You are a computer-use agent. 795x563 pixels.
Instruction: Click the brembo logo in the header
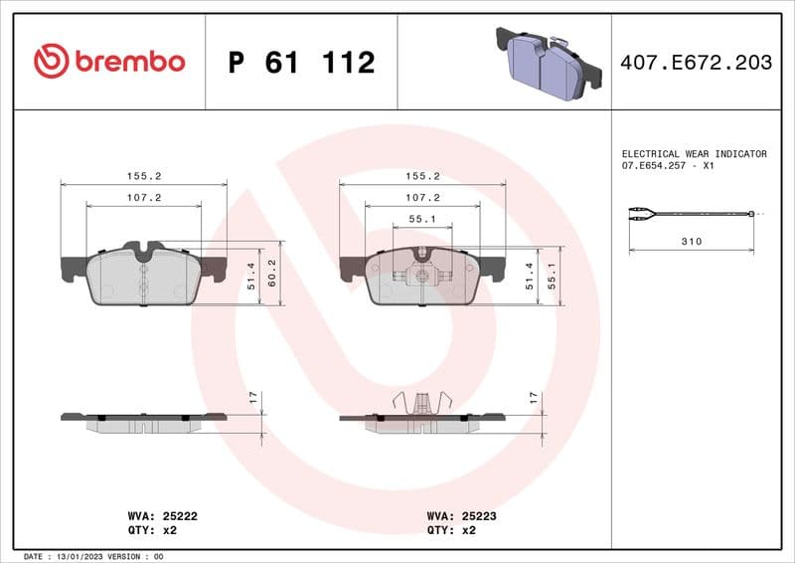coord(109,62)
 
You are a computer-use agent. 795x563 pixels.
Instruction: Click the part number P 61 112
coord(301,63)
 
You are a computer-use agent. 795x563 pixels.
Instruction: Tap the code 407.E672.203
coord(695,63)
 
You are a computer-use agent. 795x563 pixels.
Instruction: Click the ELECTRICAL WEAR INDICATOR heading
coord(694,154)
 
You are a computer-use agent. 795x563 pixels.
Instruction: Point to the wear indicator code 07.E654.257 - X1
coord(668,166)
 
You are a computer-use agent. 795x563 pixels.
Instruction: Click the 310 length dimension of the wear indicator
coord(692,242)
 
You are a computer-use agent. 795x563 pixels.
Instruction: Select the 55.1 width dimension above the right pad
coord(422,219)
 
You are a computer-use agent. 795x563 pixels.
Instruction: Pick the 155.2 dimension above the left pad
coord(144,176)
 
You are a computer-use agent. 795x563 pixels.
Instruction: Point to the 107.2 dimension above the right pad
coord(422,198)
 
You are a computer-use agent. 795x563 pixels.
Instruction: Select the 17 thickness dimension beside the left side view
coord(253,397)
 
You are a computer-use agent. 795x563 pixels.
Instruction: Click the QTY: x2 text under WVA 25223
coord(451,530)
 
